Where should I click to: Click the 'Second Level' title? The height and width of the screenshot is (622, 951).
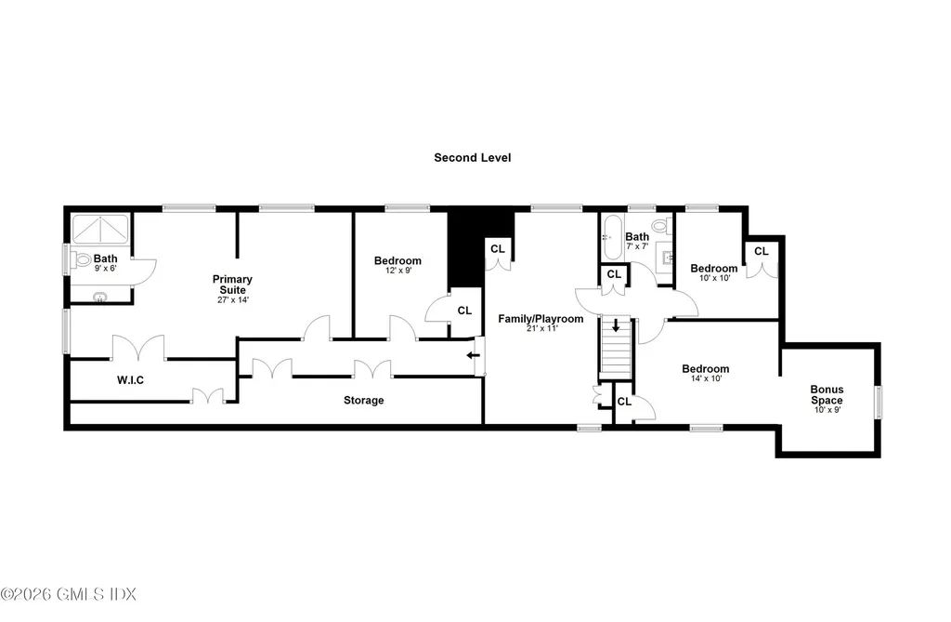click(472, 158)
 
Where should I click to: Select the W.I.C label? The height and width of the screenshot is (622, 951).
click(130, 380)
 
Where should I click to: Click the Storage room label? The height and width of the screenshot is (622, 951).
click(363, 401)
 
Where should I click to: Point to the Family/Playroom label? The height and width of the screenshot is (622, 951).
click(541, 319)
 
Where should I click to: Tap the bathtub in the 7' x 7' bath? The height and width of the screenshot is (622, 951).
click(612, 238)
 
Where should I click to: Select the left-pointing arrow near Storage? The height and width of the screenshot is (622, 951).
click(473, 355)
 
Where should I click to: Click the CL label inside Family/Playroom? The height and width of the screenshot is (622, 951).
click(498, 249)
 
